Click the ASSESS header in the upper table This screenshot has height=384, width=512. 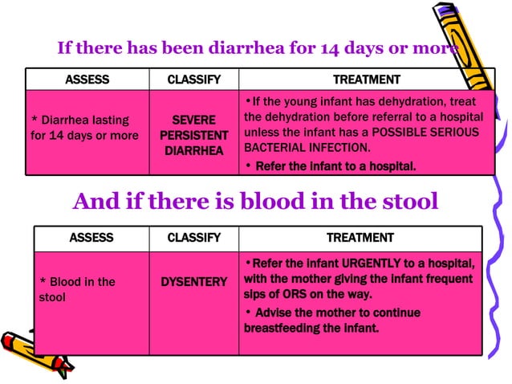coord(87,80)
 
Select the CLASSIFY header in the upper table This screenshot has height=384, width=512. coord(193,80)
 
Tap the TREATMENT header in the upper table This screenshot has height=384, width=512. coord(366,80)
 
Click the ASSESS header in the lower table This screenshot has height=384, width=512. coord(91,238)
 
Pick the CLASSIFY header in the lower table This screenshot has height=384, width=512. coord(193,238)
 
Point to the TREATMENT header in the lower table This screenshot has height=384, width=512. coord(360,238)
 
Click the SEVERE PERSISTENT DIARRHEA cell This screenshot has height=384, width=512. coord(193,135)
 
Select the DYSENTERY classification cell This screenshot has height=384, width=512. coord(193,282)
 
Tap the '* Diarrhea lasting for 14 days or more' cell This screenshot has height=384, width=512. coord(85,128)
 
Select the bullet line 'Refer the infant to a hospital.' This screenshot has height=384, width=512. coord(335,166)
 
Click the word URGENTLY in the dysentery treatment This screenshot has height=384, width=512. coord(376,263)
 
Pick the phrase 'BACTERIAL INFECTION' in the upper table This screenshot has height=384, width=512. coord(298,148)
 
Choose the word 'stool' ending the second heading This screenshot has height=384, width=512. coord(408,201)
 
